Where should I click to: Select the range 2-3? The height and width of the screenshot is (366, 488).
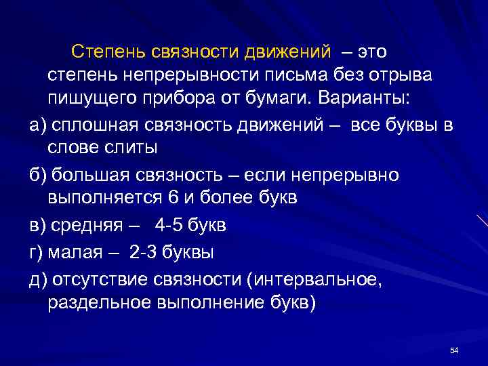pyautogui.click(x=142, y=252)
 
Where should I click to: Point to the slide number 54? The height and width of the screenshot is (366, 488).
pyautogui.click(x=454, y=349)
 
